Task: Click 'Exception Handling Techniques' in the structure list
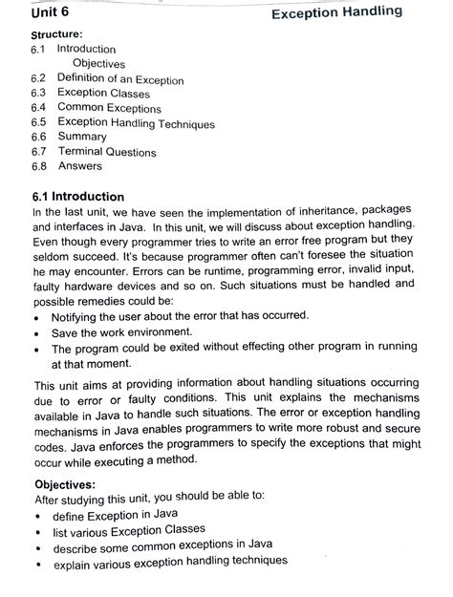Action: pos(136,123)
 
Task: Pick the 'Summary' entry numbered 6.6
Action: pos(82,137)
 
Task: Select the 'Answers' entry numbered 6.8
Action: pos(79,166)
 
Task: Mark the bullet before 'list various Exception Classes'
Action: pos(37,532)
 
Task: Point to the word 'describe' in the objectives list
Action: pos(77,548)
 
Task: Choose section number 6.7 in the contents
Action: pos(38,152)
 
